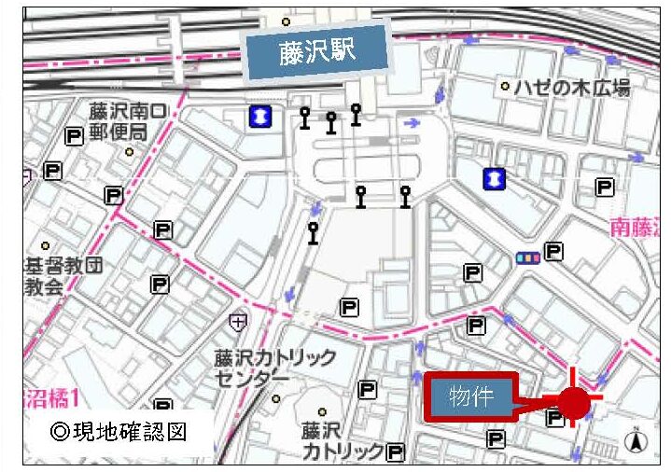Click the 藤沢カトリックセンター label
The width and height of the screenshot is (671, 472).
[273, 367]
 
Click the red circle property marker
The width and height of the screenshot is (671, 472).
[574, 404]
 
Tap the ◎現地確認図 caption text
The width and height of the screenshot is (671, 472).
[121, 433]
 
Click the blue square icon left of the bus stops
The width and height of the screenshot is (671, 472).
[260, 116]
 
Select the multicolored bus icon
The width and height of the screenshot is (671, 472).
[527, 257]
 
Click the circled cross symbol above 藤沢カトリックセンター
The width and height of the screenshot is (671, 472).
[240, 322]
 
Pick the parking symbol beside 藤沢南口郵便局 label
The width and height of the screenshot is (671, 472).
[75, 136]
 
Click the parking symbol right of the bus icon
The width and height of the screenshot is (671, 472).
[554, 251]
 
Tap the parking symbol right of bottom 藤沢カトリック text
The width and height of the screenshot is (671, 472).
[396, 453]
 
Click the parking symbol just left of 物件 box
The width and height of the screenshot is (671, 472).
[368, 390]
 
